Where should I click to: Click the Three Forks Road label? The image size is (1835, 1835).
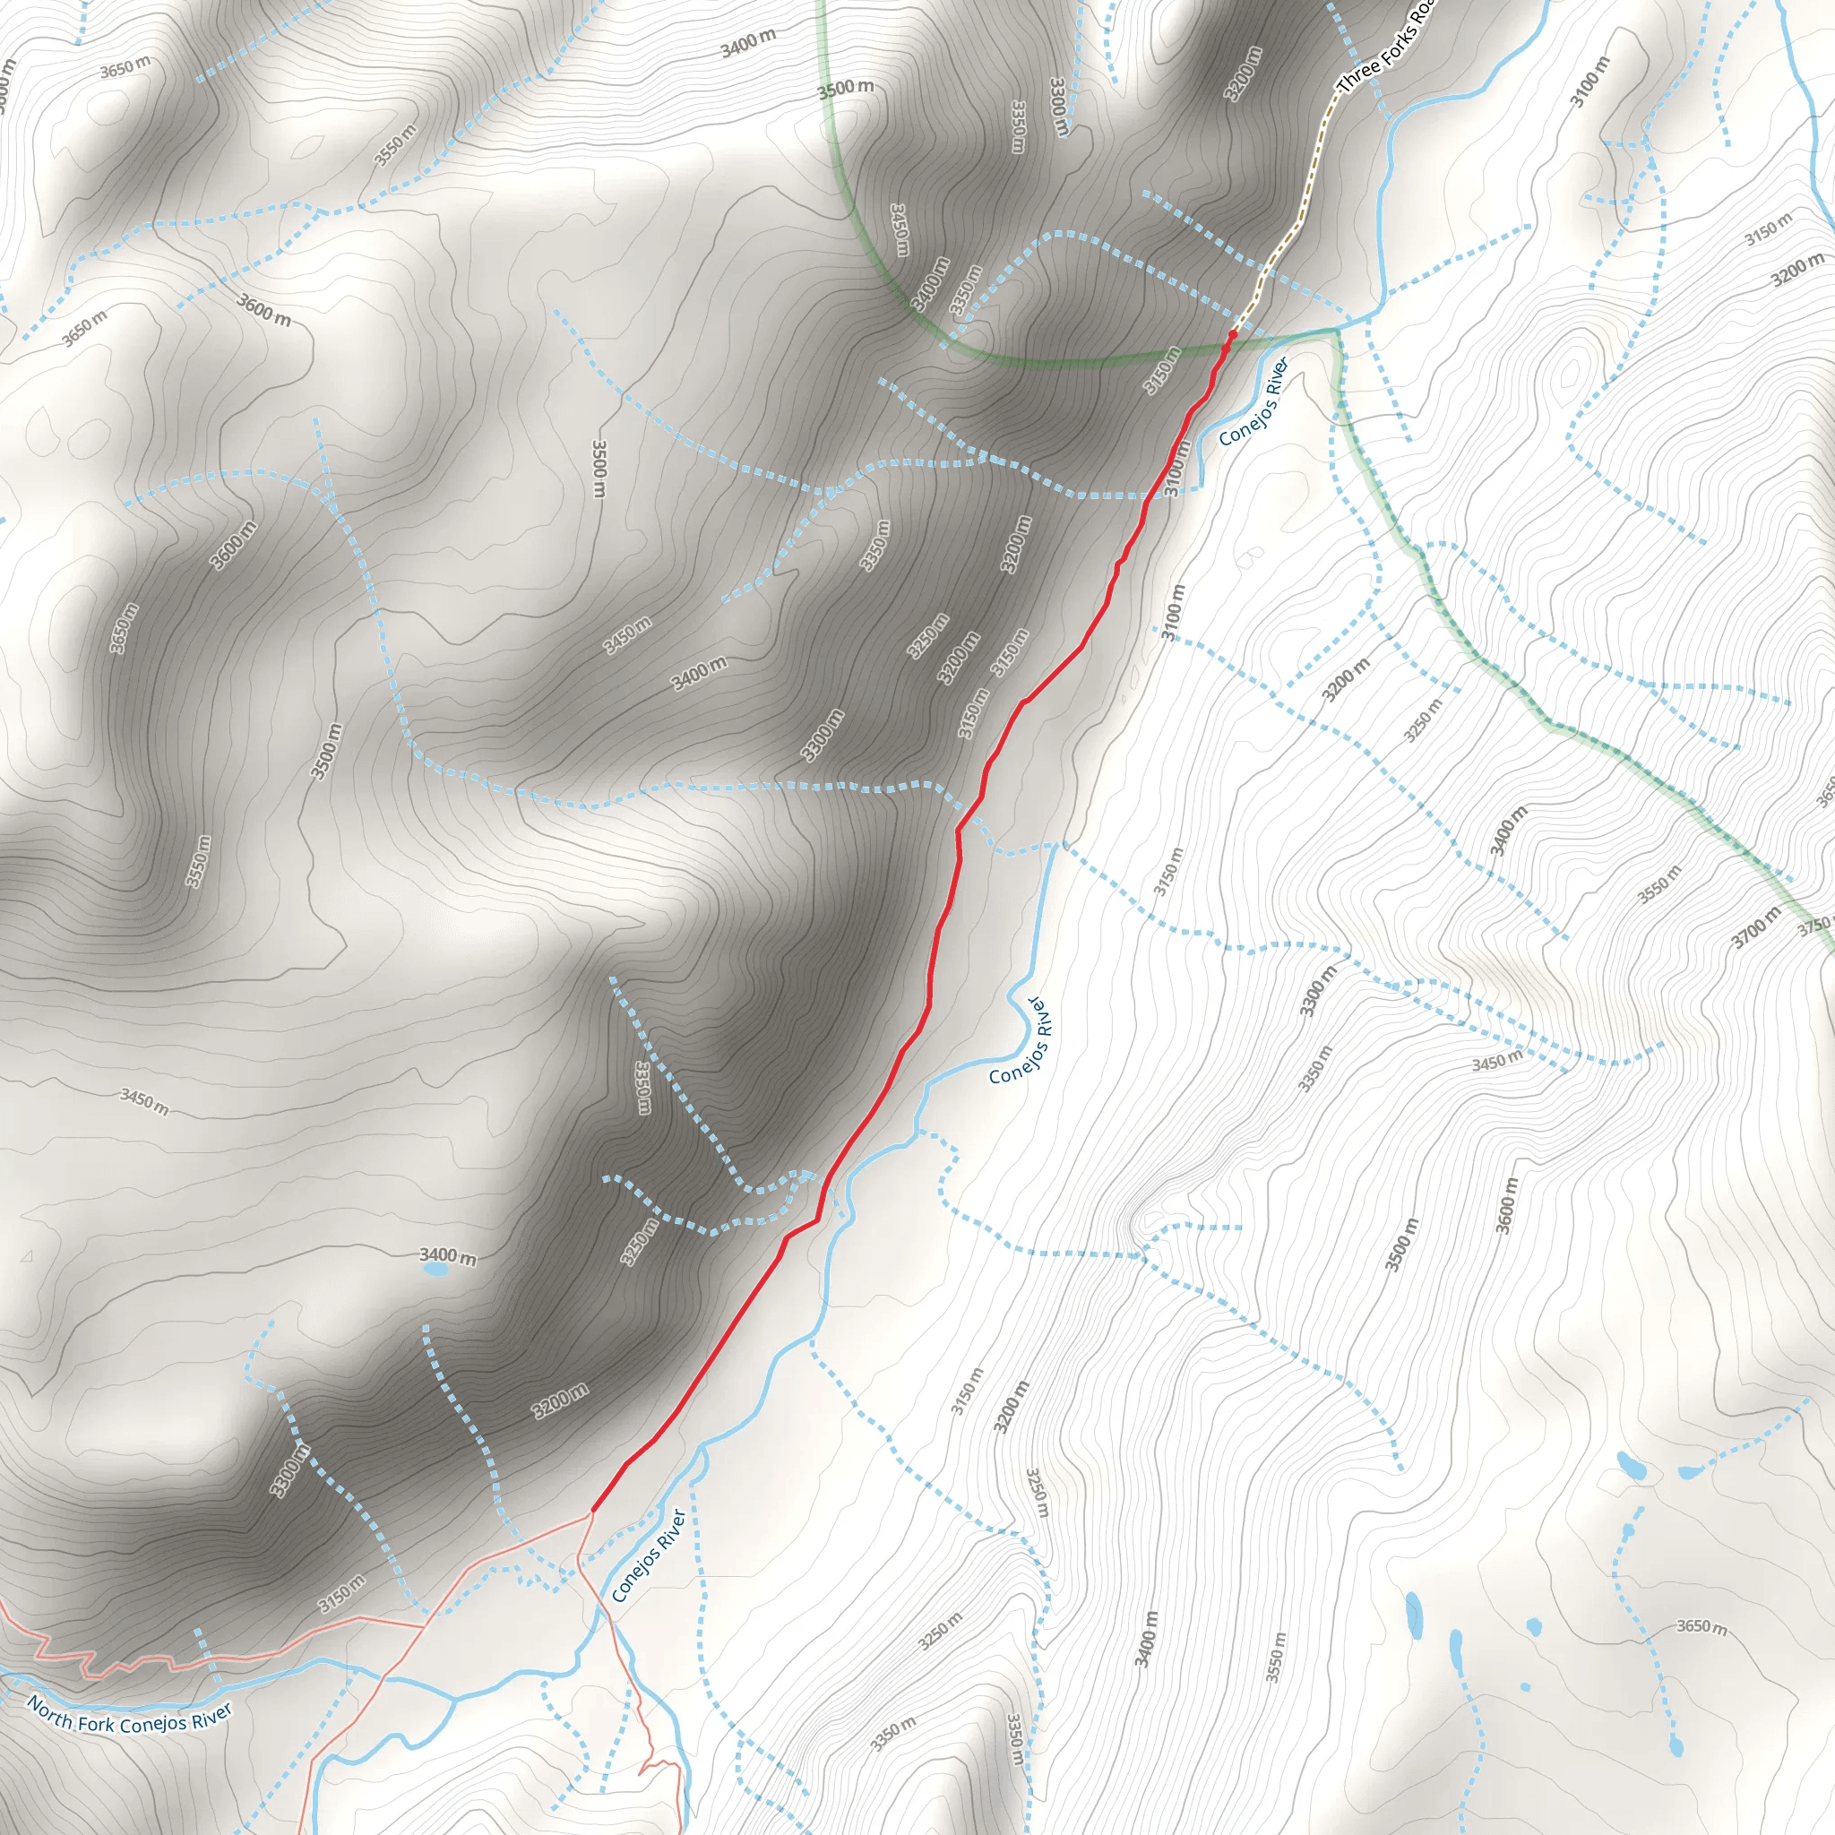point(1387,48)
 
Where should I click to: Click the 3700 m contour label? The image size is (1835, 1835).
point(1756,926)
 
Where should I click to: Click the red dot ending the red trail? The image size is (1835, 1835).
point(1233,334)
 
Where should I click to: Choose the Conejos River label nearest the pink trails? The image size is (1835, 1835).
point(648,1555)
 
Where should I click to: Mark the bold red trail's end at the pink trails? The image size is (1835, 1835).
point(592,1509)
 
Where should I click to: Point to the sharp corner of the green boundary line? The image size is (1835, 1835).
point(1339,330)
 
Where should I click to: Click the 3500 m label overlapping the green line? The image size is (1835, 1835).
point(845,90)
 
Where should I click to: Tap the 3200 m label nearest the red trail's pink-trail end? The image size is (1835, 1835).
point(560,1402)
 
